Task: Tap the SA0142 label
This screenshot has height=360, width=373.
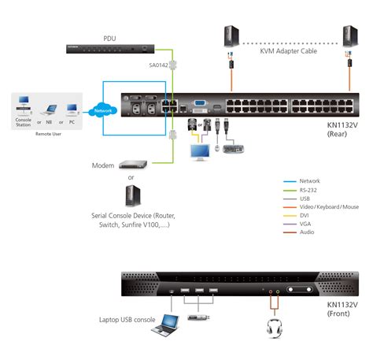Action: pos(158,65)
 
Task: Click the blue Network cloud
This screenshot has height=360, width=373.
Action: pos(102,110)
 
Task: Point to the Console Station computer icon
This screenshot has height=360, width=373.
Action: pos(24,107)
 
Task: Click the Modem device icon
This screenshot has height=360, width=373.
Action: pos(133,165)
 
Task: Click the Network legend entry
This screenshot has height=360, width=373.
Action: pos(309,181)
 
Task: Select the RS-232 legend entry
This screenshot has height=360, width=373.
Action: pos(308,190)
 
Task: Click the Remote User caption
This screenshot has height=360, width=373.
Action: pos(47,134)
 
